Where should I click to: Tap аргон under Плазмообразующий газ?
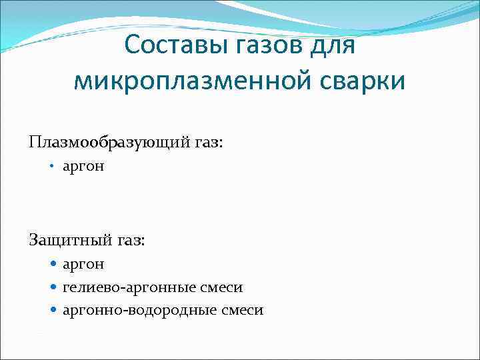[x=83, y=167]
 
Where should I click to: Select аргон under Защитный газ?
[x=83, y=265]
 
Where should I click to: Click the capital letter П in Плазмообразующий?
[x=34, y=141]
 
